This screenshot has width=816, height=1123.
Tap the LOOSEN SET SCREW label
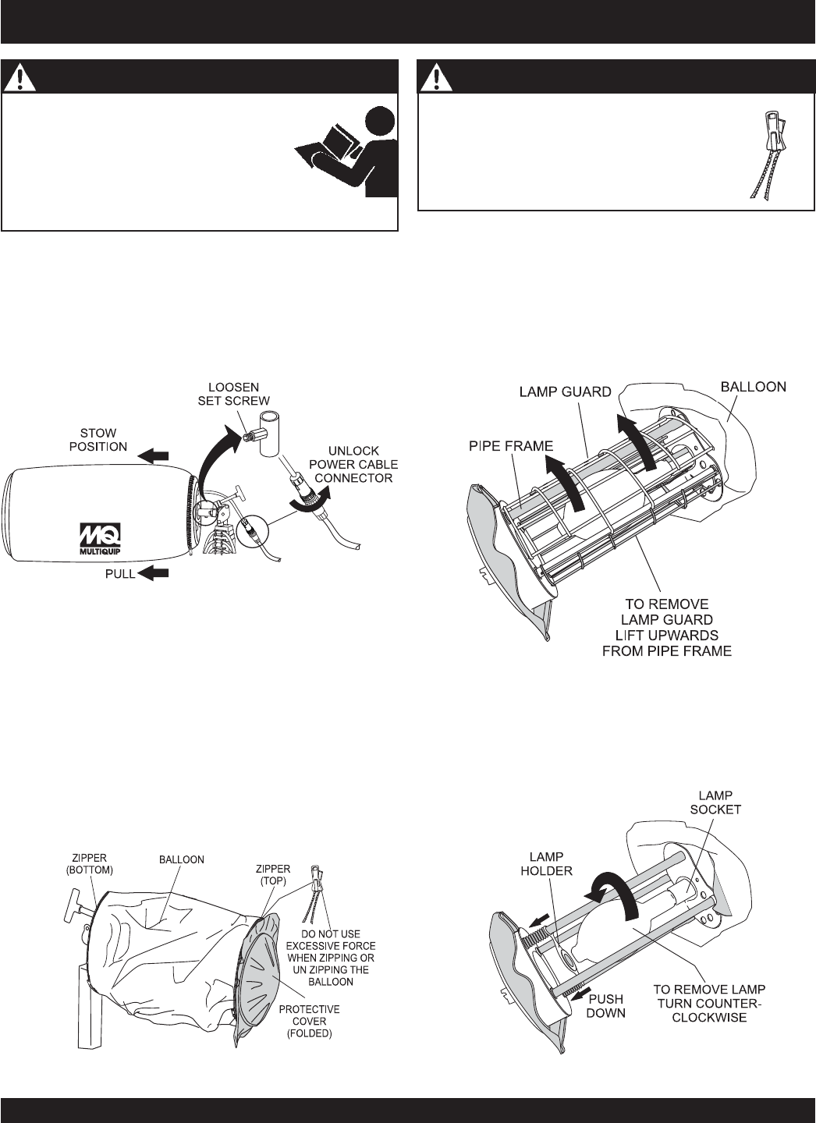pyautogui.click(x=234, y=394)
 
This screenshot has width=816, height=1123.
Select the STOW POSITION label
pyautogui.click(x=98, y=440)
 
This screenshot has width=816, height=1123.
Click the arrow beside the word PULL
pyautogui.click(x=153, y=573)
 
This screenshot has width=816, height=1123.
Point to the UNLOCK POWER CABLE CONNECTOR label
pyautogui.click(x=353, y=464)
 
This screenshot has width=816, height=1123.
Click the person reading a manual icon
pyautogui.click(x=346, y=154)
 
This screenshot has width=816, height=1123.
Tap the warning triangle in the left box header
pyautogui.click(x=20, y=78)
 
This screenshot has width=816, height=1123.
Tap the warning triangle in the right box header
pyautogui.click(x=436, y=78)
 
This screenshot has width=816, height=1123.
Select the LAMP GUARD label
pyautogui.click(x=566, y=391)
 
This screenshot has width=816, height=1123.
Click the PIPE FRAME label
pyautogui.click(x=511, y=446)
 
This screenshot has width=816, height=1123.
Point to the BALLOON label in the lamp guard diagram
pyautogui.click(x=754, y=387)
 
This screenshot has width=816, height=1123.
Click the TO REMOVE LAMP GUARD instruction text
pyautogui.click(x=666, y=627)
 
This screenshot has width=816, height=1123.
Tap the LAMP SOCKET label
pyautogui.click(x=715, y=802)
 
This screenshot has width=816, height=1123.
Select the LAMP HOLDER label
pyautogui.click(x=546, y=863)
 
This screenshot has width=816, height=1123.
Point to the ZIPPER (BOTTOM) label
pyautogui.click(x=90, y=864)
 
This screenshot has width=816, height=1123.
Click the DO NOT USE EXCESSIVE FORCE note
pyautogui.click(x=331, y=965)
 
